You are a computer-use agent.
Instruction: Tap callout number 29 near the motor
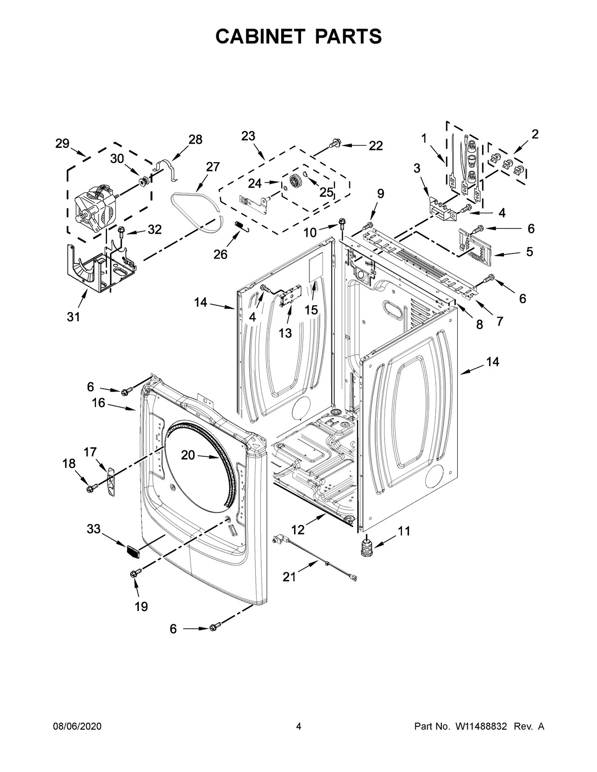click(x=62, y=144)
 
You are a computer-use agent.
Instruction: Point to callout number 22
click(x=376, y=146)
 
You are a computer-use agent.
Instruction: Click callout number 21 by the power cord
click(x=289, y=577)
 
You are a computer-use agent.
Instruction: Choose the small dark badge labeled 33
click(x=132, y=550)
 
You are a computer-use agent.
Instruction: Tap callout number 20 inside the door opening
click(x=188, y=455)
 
